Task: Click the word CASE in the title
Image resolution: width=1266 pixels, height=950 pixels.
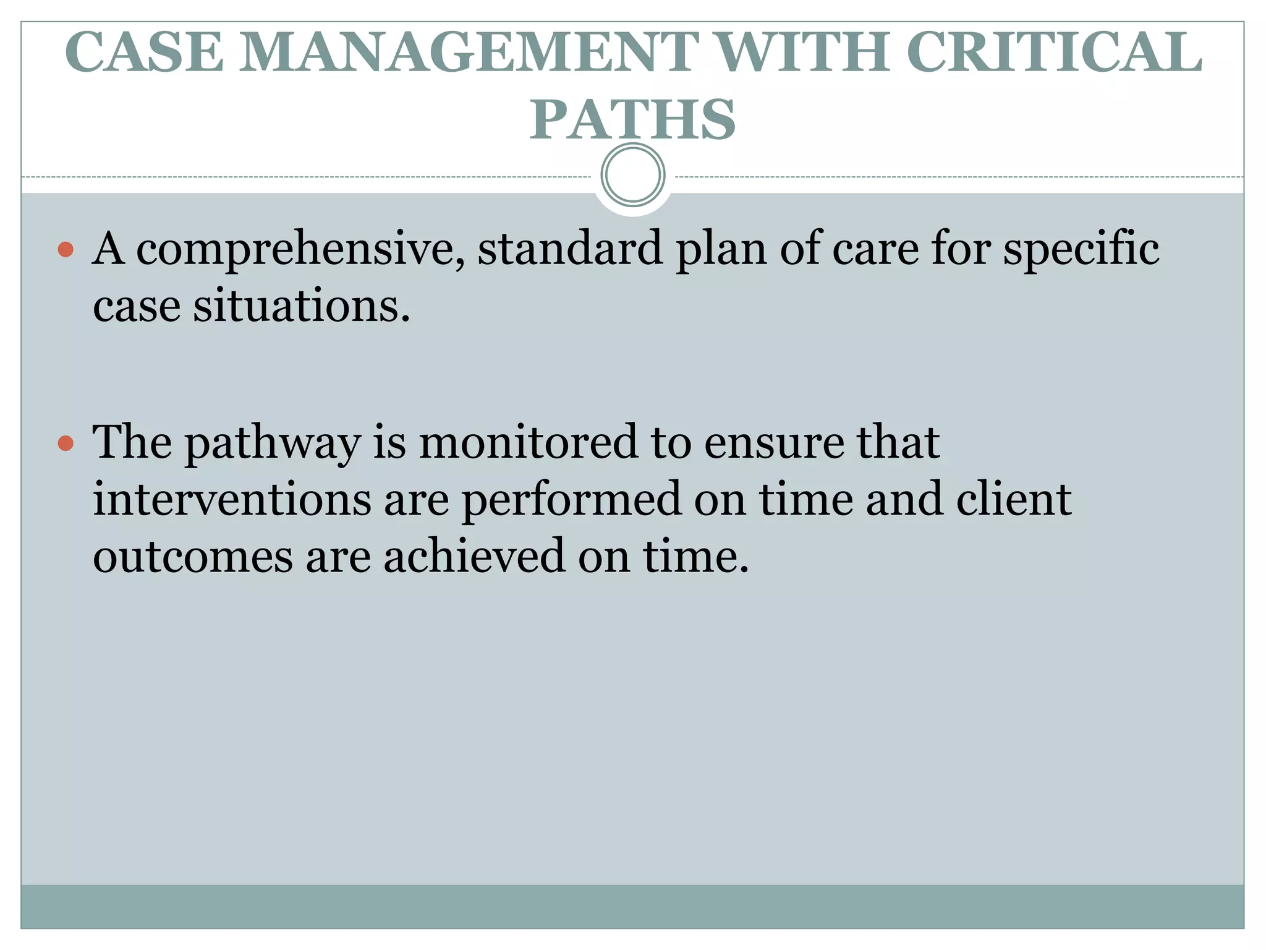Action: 144,52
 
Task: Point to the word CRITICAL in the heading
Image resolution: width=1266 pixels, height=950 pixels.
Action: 1055,52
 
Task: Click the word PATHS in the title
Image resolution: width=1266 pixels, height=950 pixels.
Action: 632,119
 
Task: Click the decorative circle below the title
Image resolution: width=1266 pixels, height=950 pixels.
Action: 632,175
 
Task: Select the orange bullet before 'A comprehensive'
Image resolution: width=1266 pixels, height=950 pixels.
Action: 66,250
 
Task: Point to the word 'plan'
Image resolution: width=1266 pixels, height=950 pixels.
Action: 721,249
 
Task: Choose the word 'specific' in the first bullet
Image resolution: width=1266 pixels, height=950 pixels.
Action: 1080,249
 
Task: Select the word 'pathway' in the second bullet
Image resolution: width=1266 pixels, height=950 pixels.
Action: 273,444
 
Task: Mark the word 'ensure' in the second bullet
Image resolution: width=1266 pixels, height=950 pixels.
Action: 773,443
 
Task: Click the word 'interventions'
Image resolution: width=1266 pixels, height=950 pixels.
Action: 232,499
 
